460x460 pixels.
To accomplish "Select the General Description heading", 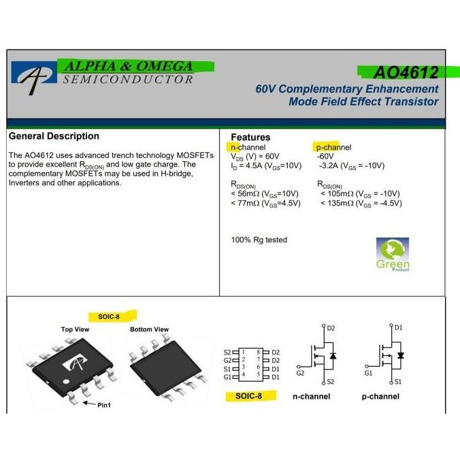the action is [54, 136].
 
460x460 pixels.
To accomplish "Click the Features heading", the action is [250, 137].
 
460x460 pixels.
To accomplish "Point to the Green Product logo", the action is [393, 254].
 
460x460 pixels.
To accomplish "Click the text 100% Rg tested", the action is [259, 240].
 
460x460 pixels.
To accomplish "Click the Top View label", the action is [75, 329].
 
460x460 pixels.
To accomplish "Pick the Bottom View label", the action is [149, 329].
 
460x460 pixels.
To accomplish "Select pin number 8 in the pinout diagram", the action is [258, 352].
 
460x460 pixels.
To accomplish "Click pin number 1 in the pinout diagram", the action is [243, 352].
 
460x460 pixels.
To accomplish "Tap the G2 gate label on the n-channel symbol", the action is [300, 373].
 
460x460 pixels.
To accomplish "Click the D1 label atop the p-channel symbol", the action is [399, 327].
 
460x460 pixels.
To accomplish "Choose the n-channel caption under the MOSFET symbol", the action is [312, 396].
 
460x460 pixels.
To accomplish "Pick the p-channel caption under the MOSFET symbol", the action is [380, 396].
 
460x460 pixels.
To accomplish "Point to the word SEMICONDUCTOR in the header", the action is [127, 80].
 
